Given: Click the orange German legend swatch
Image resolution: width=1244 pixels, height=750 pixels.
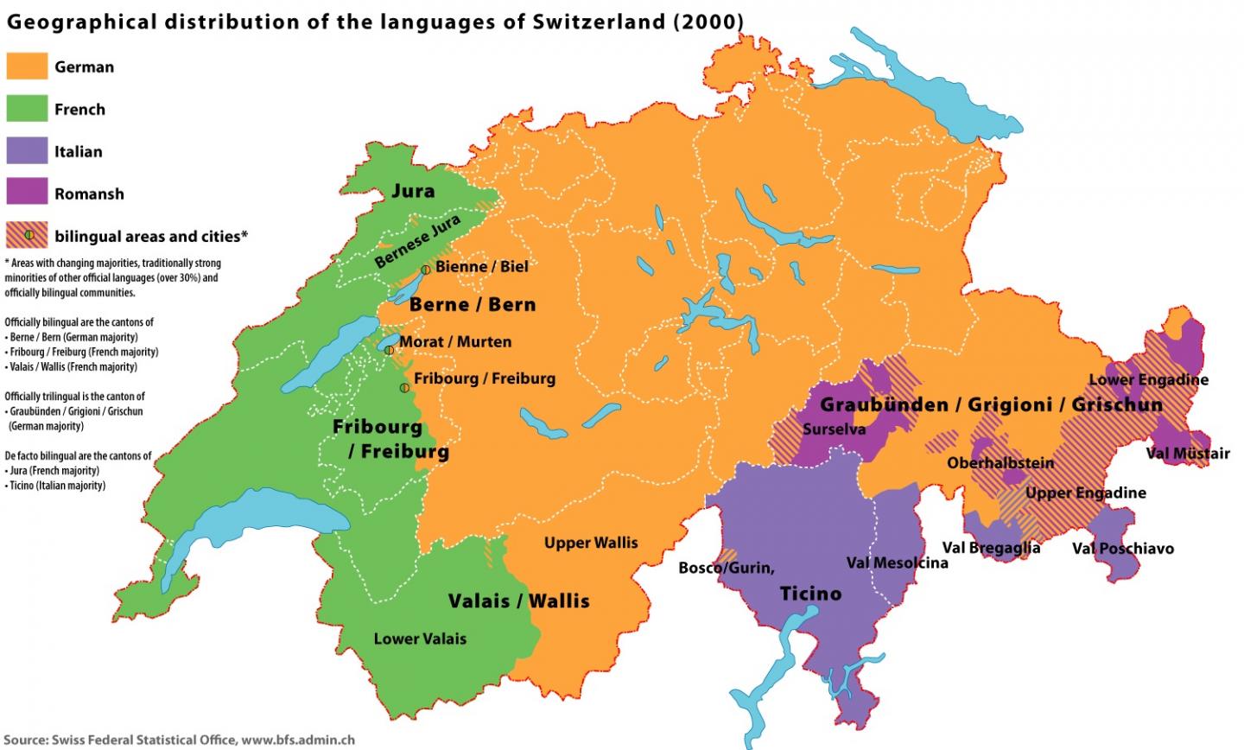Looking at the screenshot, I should (x=27, y=67).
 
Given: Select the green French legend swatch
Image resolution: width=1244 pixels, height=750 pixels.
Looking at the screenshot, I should (x=27, y=109).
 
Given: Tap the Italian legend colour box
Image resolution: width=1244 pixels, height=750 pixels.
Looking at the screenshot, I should (x=27, y=151).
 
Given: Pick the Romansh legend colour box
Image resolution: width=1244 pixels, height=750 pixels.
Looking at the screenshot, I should (x=27, y=194).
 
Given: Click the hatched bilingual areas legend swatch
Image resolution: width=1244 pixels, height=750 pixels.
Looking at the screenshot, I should (x=27, y=235).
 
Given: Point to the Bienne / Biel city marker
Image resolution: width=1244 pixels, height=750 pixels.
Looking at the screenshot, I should (x=426, y=270).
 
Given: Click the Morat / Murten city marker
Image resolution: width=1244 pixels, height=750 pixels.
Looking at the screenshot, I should (x=390, y=350).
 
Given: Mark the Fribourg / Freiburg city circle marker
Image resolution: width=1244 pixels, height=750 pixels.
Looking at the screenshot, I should (x=404, y=388).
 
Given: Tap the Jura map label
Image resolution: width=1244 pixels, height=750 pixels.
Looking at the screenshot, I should (x=413, y=191).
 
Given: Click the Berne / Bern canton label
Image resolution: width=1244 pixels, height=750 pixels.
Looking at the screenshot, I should (x=473, y=304).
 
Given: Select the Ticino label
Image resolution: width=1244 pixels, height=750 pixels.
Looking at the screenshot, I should (x=810, y=594).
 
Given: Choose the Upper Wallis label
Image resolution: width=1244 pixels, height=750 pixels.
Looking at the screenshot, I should (x=591, y=543).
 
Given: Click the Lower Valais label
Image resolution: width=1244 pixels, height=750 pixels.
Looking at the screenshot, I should (x=420, y=639).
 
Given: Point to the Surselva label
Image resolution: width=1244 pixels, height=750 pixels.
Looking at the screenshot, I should (x=834, y=429).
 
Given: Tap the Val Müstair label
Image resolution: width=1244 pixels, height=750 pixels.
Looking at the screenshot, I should (x=1188, y=453).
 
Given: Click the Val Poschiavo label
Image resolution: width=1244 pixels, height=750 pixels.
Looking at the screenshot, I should (x=1123, y=549).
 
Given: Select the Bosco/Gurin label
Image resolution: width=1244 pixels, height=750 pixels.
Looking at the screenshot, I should (x=727, y=568).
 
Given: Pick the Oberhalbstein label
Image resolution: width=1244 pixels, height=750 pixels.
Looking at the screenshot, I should (x=1000, y=463).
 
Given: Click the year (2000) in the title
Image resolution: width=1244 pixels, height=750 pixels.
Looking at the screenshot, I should (x=708, y=21).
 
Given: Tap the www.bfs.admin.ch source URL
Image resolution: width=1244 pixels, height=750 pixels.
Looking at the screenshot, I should (x=298, y=740).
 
